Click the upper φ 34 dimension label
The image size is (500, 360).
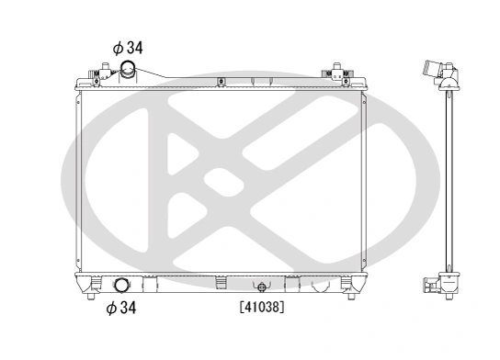coord(127,47)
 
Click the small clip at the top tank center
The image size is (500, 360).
coord(221,84)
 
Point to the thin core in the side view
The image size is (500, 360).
coord(448,184)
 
